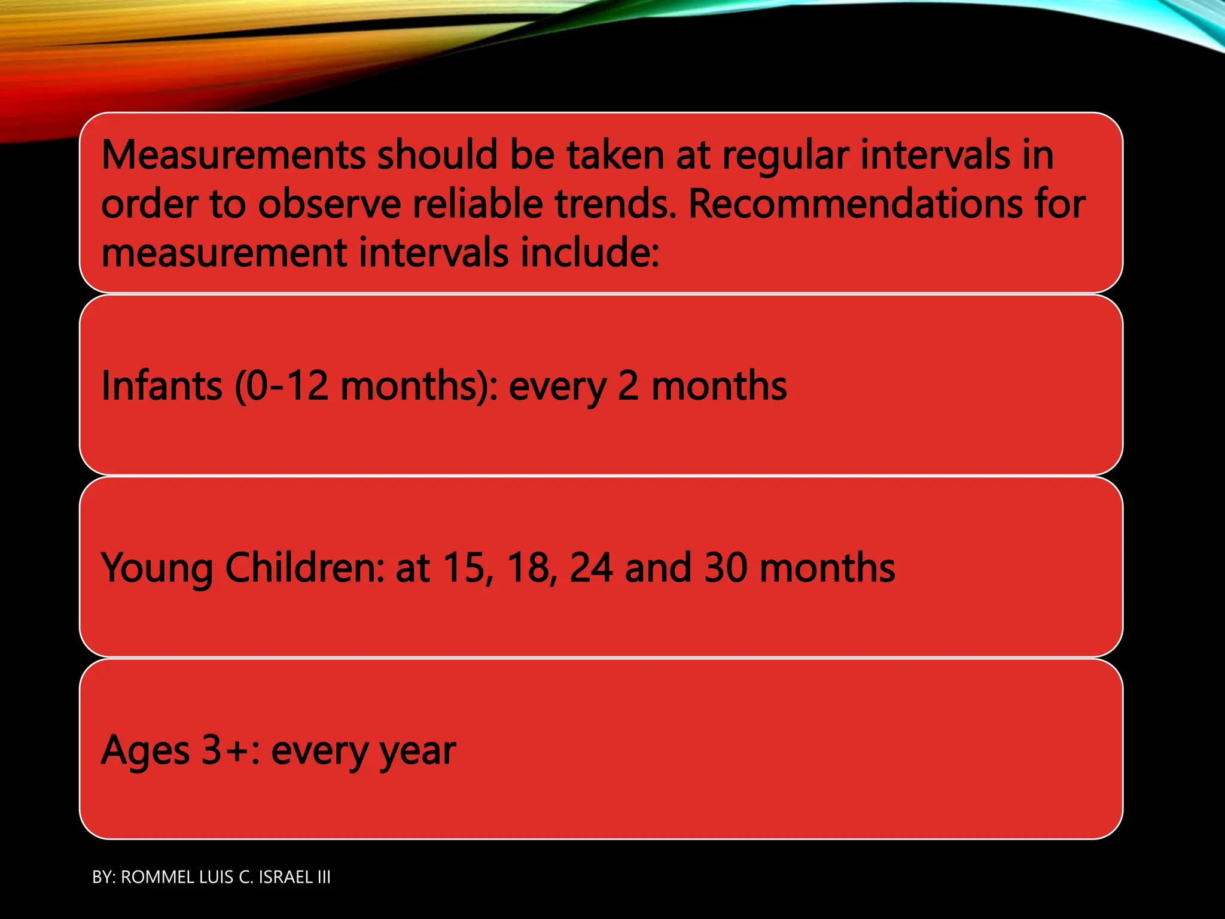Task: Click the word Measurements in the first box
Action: pos(233,156)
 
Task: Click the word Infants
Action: pos(161,386)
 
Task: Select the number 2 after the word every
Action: pos(628,386)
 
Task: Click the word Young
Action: pos(157,568)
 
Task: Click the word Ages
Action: pos(145,751)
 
